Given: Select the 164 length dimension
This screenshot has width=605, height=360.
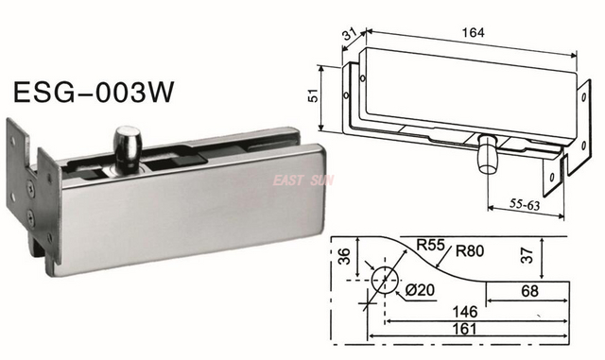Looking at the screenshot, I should click(x=474, y=32).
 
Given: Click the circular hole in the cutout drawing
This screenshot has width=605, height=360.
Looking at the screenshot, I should click(x=384, y=282).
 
